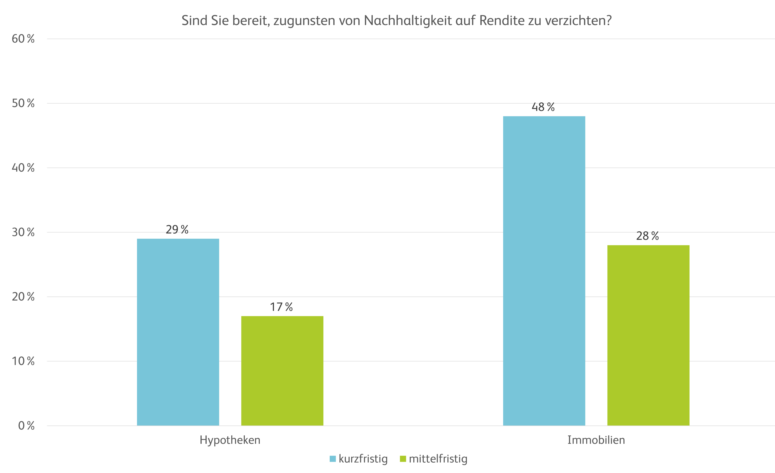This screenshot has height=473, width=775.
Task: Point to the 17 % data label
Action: pyautogui.click(x=281, y=307)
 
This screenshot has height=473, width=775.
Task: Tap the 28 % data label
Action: pyautogui.click(x=647, y=236)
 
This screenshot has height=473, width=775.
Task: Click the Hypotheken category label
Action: pyautogui.click(x=230, y=440)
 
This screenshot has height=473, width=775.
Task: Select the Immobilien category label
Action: pyautogui.click(x=596, y=440)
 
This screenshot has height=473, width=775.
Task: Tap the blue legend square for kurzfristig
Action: pyautogui.click(x=332, y=459)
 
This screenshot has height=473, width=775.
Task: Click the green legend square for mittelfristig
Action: pyautogui.click(x=403, y=459)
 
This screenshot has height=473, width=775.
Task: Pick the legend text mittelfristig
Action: pyautogui.click(x=438, y=459)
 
